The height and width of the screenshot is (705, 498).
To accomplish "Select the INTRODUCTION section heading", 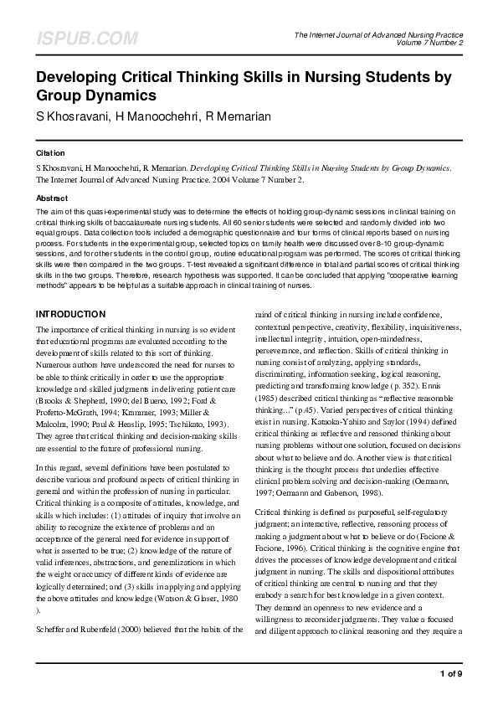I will pos(70,314).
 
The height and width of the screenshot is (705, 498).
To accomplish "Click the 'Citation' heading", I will pos(50,153).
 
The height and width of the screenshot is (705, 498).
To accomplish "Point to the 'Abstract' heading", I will pos(52,198).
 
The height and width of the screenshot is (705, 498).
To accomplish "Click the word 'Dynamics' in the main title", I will pos(116,95).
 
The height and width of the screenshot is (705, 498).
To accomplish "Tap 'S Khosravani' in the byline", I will pos(70,116).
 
